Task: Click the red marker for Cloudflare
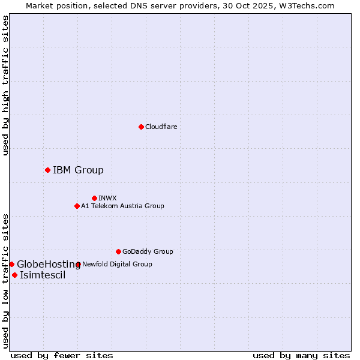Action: [141, 127]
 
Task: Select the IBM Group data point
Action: [47, 170]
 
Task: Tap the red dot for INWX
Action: [94, 198]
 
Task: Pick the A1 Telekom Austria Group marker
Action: [77, 206]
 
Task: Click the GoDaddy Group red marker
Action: [118, 251]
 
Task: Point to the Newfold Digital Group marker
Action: [78, 264]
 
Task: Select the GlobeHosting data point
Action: [11, 264]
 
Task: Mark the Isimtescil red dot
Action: [14, 275]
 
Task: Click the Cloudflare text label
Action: [161, 127]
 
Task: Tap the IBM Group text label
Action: [78, 170]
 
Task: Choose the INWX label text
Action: [107, 198]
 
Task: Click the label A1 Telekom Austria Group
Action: [122, 206]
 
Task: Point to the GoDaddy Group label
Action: [148, 251]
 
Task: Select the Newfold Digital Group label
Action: [117, 264]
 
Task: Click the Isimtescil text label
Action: [43, 275]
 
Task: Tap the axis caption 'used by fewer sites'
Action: [62, 355]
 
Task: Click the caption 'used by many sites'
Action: [301, 355]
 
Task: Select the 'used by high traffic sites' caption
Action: [6, 86]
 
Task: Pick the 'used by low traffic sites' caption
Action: [6, 280]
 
